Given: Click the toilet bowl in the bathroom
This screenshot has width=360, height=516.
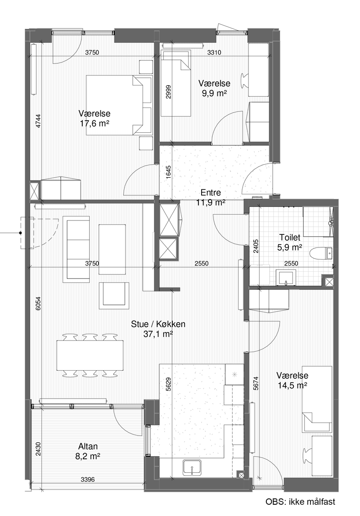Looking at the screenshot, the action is [x=321, y=253].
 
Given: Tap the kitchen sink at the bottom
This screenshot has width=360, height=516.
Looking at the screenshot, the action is [x=192, y=467].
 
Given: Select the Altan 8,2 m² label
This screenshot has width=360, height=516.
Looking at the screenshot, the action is [x=88, y=451].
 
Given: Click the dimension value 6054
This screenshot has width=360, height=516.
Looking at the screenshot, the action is [x=38, y=304].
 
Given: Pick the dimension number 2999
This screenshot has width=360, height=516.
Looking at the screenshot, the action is [x=168, y=92].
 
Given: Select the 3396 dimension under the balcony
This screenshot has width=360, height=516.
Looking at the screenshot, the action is [x=88, y=480].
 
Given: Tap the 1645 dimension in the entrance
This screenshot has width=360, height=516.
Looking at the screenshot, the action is [x=168, y=172].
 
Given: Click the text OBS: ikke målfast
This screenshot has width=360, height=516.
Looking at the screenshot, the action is [x=301, y=502].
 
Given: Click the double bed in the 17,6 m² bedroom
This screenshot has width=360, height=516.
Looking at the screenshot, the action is [x=119, y=105].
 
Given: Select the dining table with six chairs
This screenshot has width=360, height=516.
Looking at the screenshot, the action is [x=90, y=355].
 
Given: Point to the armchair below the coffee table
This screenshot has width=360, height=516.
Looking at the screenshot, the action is [x=114, y=296].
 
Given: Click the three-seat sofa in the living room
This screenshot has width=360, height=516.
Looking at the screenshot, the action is [x=76, y=249].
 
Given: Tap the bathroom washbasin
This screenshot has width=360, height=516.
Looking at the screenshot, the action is [x=287, y=278].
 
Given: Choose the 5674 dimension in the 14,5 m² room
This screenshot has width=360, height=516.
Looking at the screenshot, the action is [x=256, y=383].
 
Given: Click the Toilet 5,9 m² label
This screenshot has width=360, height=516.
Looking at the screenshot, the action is [x=290, y=242].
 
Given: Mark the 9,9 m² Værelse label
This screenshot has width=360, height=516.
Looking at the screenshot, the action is [x=214, y=88].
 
